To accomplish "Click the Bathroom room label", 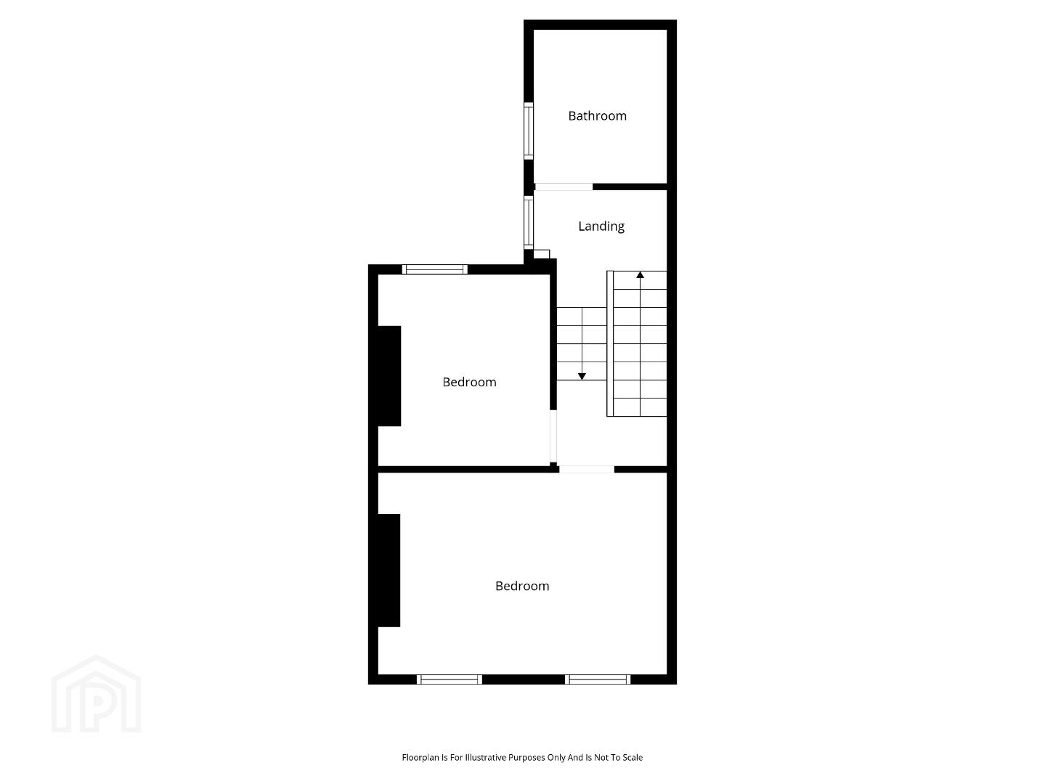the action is [597, 115].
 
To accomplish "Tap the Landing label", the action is [601, 226].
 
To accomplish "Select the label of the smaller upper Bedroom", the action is [469, 382].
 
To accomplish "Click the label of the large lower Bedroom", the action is [522, 586].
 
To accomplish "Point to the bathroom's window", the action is [529, 131].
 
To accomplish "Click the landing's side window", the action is [529, 222].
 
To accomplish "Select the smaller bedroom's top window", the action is [435, 269].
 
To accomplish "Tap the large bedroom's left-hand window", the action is [450, 679].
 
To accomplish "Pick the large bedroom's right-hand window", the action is [598, 679].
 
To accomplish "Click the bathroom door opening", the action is [564, 187].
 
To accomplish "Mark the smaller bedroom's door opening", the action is [553, 436].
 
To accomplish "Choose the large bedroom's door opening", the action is [587, 469].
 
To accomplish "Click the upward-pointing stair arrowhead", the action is [641, 275].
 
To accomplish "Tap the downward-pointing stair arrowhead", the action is [582, 376].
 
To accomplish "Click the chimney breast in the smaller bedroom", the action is [389, 376].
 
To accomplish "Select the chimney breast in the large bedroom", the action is [389, 571].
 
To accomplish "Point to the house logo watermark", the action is [96, 694].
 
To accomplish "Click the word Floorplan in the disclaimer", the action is [420, 757].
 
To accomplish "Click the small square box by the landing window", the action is [542, 254].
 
